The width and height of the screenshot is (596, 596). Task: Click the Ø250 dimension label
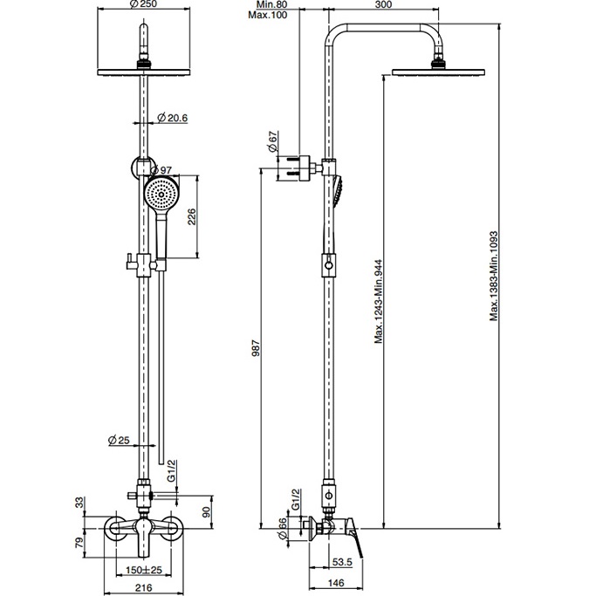(x=143, y=4)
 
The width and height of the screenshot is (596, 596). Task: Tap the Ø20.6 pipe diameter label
(x=173, y=118)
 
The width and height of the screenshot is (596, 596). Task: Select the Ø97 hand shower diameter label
(x=161, y=170)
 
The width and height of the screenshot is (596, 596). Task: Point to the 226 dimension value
(x=192, y=216)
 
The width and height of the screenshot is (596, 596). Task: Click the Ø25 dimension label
(x=119, y=440)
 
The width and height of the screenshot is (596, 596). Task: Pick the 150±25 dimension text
(x=144, y=570)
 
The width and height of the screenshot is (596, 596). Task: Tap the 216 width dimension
(x=144, y=587)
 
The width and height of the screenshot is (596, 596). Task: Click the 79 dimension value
(x=79, y=542)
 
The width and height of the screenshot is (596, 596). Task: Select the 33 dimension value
(x=79, y=503)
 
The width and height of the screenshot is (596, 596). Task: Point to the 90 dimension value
(x=207, y=512)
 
